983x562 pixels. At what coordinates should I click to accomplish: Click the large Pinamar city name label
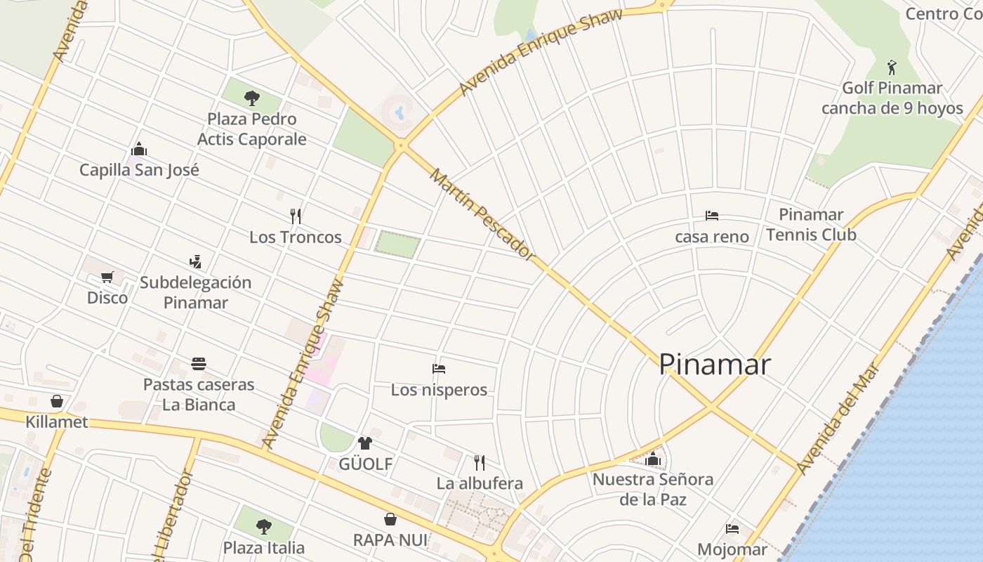[x=715, y=364]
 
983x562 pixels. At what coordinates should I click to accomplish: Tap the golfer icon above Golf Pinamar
[x=892, y=67]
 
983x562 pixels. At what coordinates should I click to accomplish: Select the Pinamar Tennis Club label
[x=811, y=224]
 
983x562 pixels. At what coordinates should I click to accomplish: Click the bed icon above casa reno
[x=711, y=216]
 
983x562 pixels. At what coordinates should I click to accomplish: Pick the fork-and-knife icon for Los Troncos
[x=296, y=216]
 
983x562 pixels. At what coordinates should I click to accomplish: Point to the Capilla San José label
[x=139, y=169]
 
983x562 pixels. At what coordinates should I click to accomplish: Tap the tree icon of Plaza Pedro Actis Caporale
[x=252, y=98]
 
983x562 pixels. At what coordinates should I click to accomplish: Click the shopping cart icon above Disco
[x=107, y=277]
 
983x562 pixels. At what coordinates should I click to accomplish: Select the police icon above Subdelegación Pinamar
[x=195, y=261]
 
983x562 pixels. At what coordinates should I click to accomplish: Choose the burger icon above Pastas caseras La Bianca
[x=199, y=364]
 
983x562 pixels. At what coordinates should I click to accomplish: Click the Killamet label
[x=57, y=421]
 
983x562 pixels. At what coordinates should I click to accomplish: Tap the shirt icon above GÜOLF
[x=365, y=443]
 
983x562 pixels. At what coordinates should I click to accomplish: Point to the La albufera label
[x=480, y=483]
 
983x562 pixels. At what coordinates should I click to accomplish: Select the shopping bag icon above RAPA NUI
[x=390, y=519]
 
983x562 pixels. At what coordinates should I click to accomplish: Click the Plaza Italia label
[x=264, y=547]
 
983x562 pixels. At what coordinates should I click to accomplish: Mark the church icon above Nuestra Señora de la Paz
[x=653, y=459]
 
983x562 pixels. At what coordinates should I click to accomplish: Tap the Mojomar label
[x=732, y=549]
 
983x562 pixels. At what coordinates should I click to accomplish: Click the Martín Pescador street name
[x=482, y=214]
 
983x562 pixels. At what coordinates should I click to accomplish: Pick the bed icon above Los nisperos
[x=439, y=368]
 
